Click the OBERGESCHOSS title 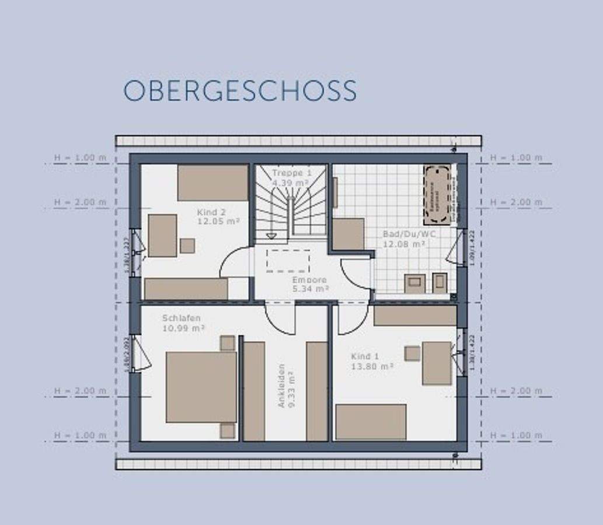point(240,91)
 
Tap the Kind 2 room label point(211,212)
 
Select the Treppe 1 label point(291,173)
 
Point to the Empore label point(309,280)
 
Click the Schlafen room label point(182,318)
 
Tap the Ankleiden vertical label point(281,386)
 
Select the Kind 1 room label point(365,356)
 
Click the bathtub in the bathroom point(437,195)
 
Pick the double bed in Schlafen point(201,387)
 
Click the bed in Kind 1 point(371,421)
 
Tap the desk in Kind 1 point(437,363)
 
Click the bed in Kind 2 point(213,183)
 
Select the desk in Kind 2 point(162,235)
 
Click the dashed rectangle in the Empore point(288,260)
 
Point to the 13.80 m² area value point(372,366)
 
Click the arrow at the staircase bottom point(271,236)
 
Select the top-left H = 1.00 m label point(81,157)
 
